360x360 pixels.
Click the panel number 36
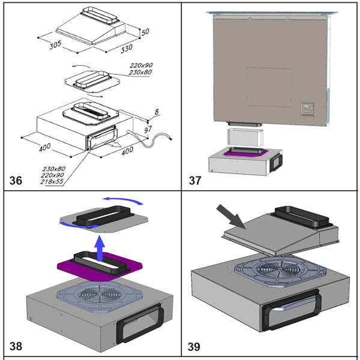16,179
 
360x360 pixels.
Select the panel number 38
16,346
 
